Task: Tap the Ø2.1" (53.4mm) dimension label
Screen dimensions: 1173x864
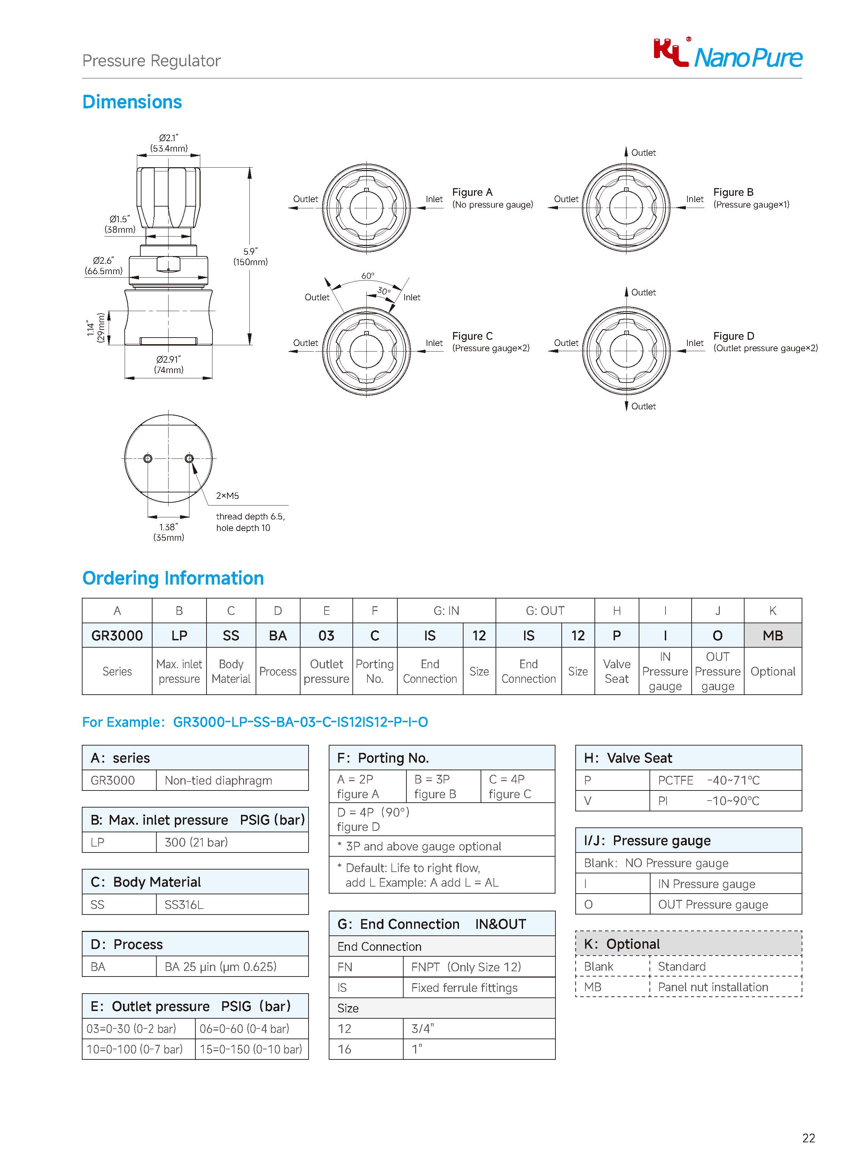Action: (169, 143)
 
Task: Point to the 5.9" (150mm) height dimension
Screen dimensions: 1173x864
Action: (250, 256)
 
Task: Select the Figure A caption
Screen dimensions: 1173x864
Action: (492, 198)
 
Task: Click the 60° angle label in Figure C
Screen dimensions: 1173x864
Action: (368, 276)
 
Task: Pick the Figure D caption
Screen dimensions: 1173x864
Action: (765, 342)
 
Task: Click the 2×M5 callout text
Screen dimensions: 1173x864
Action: (227, 495)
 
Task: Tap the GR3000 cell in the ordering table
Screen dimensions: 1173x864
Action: (117, 636)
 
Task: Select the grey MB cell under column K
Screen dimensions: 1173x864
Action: (772, 636)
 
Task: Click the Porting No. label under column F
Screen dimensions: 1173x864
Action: (374, 671)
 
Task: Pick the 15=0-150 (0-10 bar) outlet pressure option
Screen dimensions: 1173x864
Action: (251, 1049)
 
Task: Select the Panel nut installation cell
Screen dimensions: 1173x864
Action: (713, 987)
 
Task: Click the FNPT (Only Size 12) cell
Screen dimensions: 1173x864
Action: (466, 967)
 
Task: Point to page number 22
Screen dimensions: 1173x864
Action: (808, 1138)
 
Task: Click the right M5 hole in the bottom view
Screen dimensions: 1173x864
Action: (189, 459)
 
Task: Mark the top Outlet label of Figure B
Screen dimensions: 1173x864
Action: (643, 153)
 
